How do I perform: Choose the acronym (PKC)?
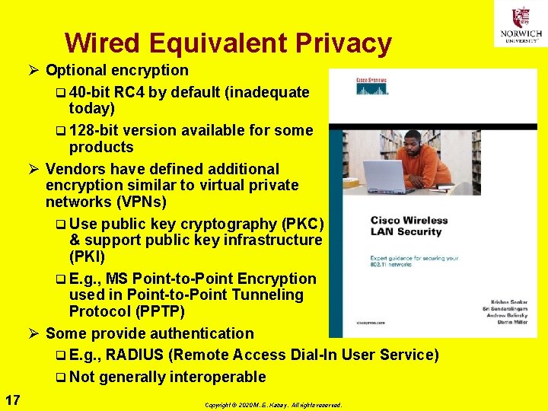[x=303, y=224]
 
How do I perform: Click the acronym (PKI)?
[x=87, y=256]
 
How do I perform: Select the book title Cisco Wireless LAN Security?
[x=409, y=226]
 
